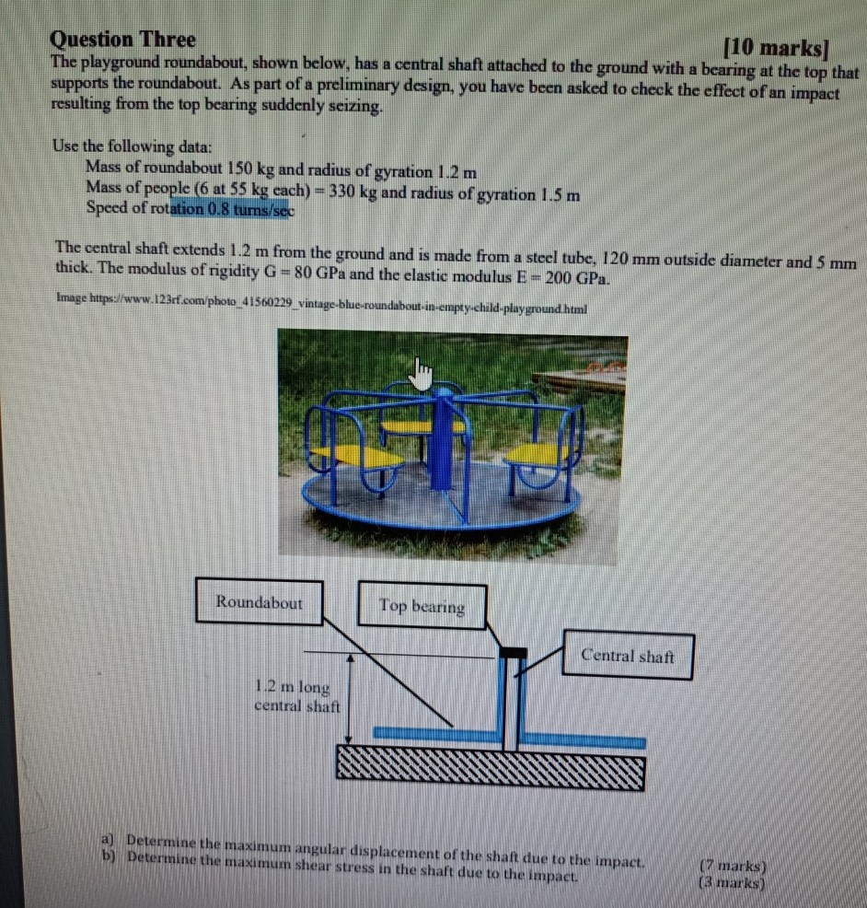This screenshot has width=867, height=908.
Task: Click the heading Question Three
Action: coord(123,40)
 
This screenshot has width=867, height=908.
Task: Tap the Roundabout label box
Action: coord(259,603)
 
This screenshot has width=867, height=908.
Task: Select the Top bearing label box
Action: coord(422,607)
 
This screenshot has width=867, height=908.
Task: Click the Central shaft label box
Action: coord(628,656)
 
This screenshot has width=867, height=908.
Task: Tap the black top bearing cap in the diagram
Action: coord(513,653)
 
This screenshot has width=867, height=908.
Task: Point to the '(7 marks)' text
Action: coord(734,865)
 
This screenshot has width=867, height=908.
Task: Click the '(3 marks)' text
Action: coord(734,880)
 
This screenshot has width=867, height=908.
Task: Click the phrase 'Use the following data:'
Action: coord(133,146)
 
